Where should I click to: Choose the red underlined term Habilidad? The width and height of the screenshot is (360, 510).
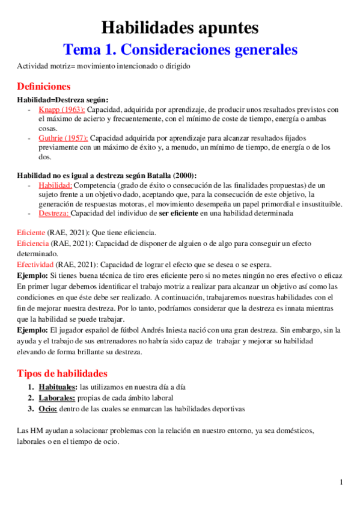click(55, 185)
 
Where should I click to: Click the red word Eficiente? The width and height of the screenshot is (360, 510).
click(31, 232)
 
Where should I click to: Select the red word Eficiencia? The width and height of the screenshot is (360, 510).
click(33, 244)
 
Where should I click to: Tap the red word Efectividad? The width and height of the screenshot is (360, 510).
click(36, 265)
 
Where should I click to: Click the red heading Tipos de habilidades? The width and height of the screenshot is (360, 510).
click(62, 373)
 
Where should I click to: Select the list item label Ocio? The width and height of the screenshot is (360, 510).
click(48, 409)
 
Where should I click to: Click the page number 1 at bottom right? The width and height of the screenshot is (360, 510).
click(341, 482)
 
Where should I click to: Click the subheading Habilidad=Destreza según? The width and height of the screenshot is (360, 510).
click(63, 100)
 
